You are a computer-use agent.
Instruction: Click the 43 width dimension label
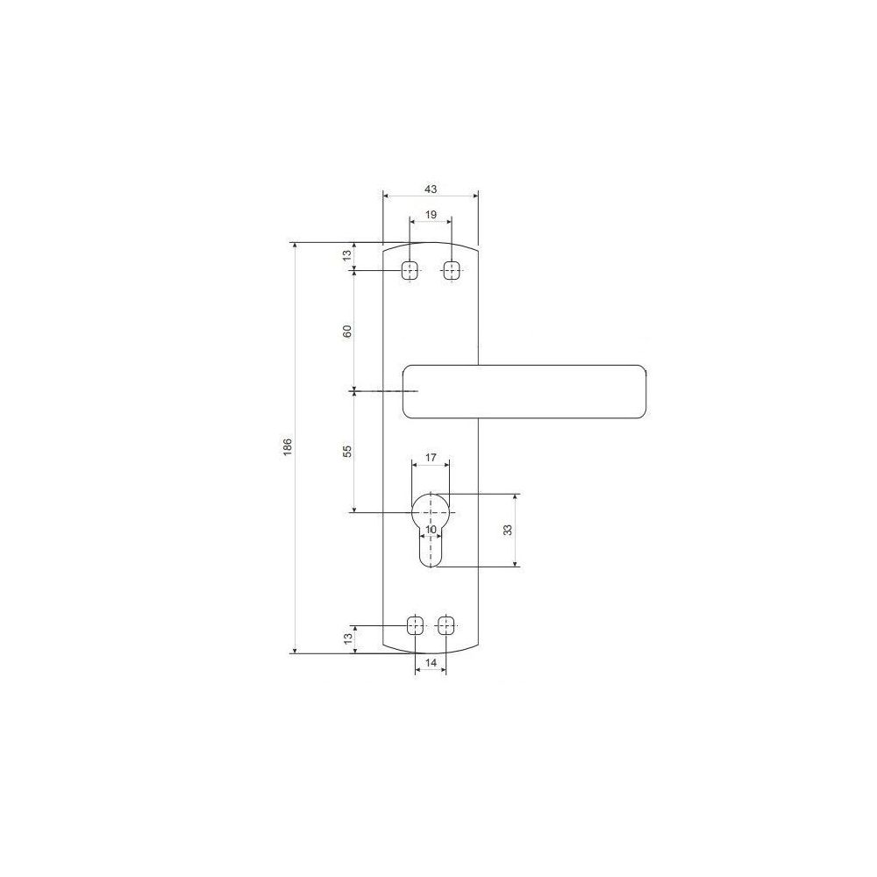click(x=430, y=189)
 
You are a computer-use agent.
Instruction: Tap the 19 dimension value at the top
click(x=430, y=215)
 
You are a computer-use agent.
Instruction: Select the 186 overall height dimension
click(x=288, y=447)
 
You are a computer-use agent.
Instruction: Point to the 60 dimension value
click(x=347, y=332)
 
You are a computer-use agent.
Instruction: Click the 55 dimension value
click(x=347, y=452)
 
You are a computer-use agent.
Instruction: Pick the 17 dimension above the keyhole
click(x=430, y=458)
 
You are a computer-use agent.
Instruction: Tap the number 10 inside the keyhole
click(x=430, y=530)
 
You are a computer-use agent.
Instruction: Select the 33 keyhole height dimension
click(x=508, y=530)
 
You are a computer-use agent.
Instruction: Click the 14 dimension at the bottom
click(x=431, y=663)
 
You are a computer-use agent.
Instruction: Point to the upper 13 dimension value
click(x=347, y=255)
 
